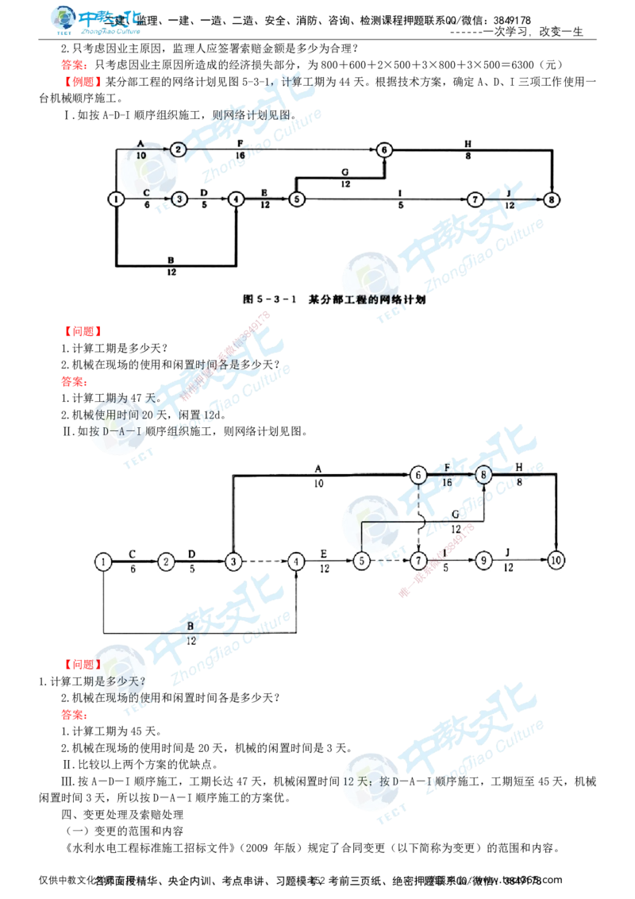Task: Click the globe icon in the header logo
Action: (63, 19)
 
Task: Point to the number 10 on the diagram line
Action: (141, 156)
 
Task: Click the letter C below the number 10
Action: (146, 192)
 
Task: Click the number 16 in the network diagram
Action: (447, 481)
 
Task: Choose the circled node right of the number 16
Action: (483, 475)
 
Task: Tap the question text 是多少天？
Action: (119, 681)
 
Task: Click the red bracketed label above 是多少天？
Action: (82, 664)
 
